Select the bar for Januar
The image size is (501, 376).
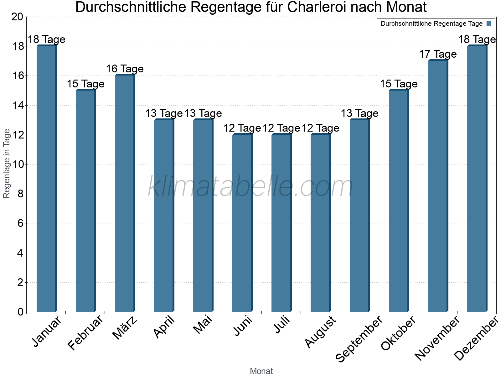tap(46, 179)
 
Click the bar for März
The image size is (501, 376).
tap(125, 193)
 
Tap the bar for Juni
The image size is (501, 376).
tap(242, 223)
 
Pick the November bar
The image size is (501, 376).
tap(438, 186)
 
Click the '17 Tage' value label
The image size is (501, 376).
tap(438, 54)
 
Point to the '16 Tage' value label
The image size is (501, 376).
tap(125, 69)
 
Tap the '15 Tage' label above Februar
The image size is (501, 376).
tap(85, 84)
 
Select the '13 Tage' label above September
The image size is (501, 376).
tap(359, 113)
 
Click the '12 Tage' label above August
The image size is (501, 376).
tap(320, 128)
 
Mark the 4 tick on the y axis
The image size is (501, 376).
tap(20, 253)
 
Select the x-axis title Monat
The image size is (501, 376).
tap(261, 371)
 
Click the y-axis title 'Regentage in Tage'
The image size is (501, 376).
tap(7, 164)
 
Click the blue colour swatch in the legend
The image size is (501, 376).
tap(489, 23)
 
